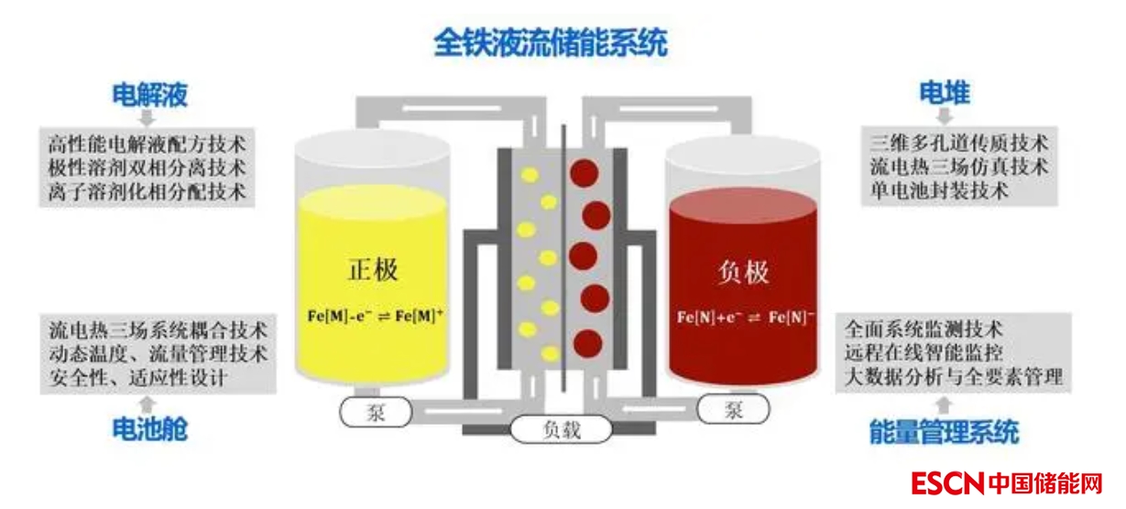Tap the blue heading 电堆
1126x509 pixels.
pos(945,93)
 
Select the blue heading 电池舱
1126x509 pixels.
pos(149,428)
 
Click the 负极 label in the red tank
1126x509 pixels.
pos(743,272)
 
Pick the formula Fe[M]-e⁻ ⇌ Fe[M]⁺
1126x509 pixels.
pos(376,317)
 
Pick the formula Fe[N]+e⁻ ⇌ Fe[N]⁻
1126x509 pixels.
pos(744,318)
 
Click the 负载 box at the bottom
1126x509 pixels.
pos(561,429)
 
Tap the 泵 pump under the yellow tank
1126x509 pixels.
pos(376,412)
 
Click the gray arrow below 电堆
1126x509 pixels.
pos(945,117)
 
